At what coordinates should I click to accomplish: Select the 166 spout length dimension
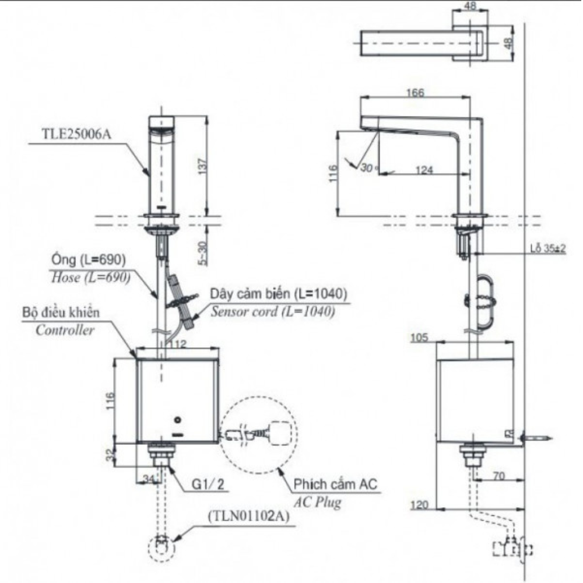tap(416, 93)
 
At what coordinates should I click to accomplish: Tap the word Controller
tap(65, 330)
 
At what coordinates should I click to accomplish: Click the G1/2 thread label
tap(208, 483)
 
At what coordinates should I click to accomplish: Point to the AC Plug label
tap(317, 502)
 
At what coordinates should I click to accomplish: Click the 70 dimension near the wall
tap(497, 476)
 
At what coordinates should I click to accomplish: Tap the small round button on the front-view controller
tap(178, 420)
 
